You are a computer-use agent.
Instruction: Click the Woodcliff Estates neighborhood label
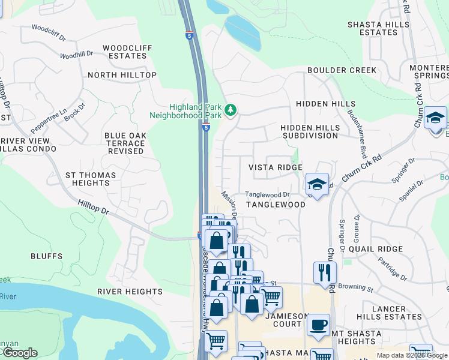[x=124, y=52]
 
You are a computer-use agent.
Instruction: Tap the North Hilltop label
[x=122, y=75]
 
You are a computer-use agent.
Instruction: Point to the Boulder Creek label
[x=342, y=70]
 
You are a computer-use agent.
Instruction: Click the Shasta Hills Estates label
[x=380, y=28]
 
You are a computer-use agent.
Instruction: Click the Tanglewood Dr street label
[x=267, y=194]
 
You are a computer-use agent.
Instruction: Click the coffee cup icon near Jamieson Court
[x=318, y=325]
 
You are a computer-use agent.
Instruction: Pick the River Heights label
[x=130, y=292]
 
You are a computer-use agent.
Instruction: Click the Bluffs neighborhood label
[x=47, y=256]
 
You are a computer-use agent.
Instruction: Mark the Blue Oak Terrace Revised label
[x=125, y=143]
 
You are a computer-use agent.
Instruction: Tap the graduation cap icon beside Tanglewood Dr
[x=316, y=184]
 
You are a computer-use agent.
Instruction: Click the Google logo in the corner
[x=19, y=353]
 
